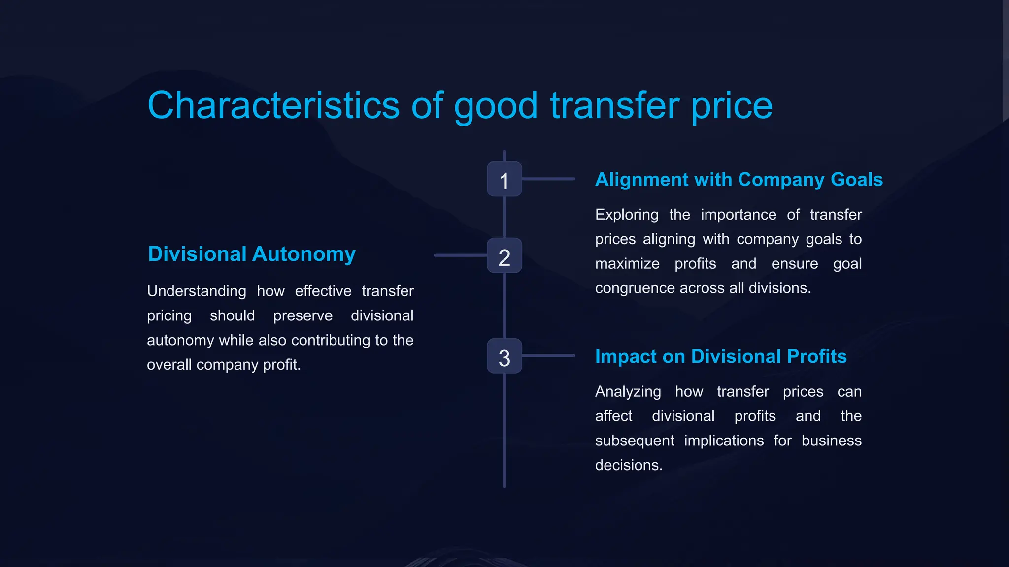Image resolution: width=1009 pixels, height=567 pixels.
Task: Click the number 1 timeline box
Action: click(x=504, y=179)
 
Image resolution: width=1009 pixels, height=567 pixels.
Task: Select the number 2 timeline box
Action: click(x=504, y=255)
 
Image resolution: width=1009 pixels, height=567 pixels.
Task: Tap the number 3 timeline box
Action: click(x=504, y=356)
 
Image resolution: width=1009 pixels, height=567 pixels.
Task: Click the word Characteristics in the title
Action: click(x=273, y=105)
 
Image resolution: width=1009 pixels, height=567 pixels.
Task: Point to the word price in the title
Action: click(x=732, y=106)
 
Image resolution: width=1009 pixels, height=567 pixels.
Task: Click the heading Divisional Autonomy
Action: click(x=251, y=254)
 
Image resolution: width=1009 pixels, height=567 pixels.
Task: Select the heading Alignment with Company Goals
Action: click(x=739, y=180)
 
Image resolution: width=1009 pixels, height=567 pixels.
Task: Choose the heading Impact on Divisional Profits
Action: click(x=720, y=356)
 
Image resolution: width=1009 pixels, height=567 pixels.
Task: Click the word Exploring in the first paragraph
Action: click(x=626, y=215)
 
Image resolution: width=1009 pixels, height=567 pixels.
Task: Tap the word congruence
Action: click(x=635, y=288)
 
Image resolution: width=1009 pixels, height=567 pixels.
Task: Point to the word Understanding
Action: click(x=196, y=291)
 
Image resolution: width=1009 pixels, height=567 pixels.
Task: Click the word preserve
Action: click(x=303, y=315)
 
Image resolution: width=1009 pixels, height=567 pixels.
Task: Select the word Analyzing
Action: click(x=628, y=392)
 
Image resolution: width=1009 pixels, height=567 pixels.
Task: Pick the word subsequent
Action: click(x=634, y=441)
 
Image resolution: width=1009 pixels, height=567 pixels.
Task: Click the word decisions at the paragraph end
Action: click(x=628, y=465)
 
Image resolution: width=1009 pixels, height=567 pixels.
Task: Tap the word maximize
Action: click(x=627, y=264)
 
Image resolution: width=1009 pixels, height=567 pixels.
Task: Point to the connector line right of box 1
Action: click(x=548, y=179)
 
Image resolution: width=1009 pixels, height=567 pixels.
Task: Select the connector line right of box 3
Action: click(x=548, y=356)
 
